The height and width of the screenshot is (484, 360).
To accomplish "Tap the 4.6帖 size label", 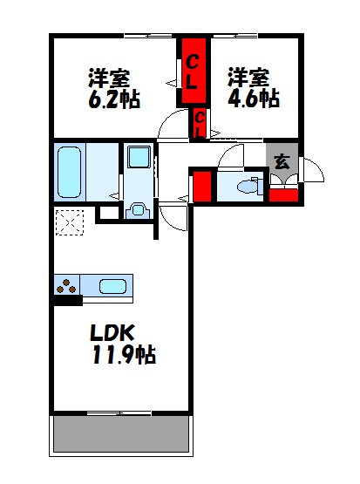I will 254,98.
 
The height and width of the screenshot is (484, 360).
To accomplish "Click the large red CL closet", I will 193,72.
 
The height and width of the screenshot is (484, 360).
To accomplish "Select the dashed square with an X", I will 69,224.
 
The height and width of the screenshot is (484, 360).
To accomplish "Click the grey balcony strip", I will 122,434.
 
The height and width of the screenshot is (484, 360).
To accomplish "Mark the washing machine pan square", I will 138,160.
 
